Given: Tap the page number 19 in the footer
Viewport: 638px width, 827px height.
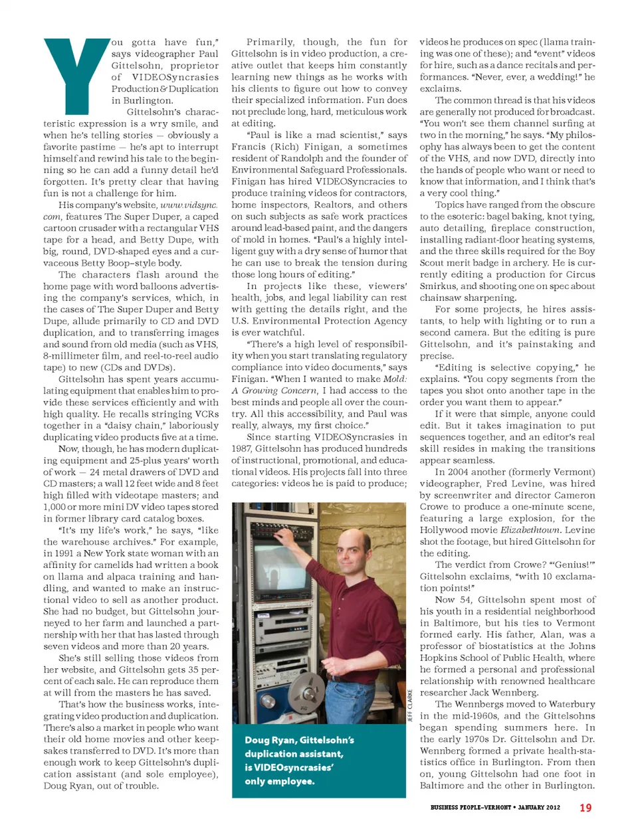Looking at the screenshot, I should point(585,808).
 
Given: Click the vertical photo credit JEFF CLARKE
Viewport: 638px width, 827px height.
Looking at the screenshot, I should point(410,705).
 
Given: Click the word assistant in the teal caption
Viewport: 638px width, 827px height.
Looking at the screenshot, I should point(315,754).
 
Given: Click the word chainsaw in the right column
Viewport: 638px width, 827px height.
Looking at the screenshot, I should point(440,298).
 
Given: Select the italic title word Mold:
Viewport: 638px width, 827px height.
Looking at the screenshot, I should point(395,379).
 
